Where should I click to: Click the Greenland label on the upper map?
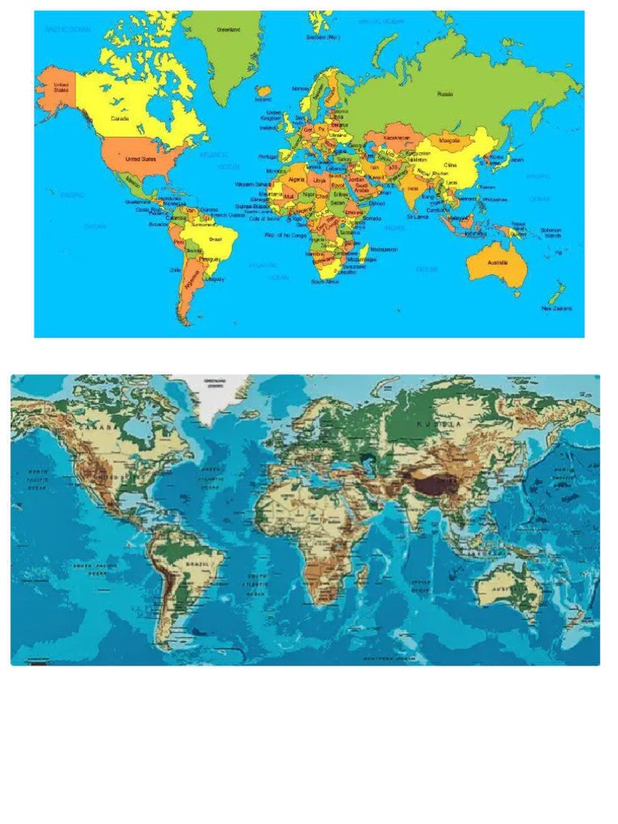(229, 30)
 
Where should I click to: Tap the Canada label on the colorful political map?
(120, 118)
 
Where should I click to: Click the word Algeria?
(296, 179)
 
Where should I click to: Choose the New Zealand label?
(556, 308)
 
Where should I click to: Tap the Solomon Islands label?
(551, 233)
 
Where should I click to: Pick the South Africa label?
(325, 282)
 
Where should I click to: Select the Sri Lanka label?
(417, 216)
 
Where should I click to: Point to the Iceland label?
(263, 100)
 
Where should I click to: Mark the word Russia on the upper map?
(445, 94)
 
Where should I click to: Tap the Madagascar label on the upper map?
(384, 249)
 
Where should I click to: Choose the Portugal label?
(267, 157)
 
